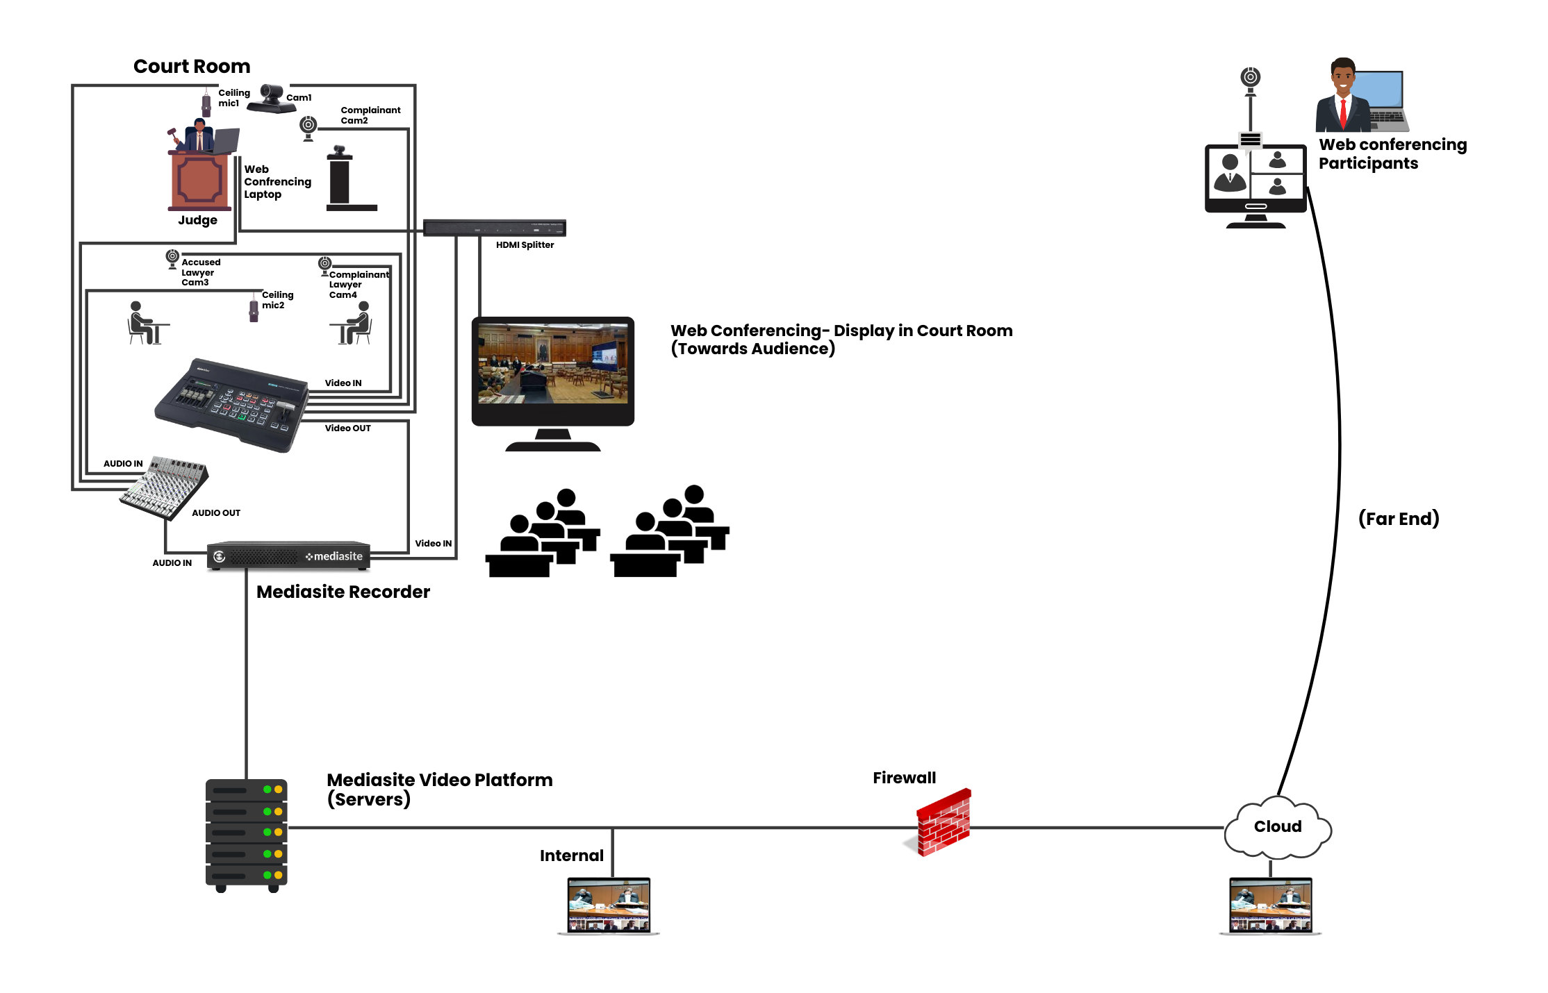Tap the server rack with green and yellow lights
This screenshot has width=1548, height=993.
247,833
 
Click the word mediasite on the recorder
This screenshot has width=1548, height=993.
338,556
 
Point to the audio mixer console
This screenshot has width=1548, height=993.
165,487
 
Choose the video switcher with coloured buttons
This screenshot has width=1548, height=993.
233,403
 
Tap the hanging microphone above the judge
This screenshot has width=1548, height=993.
206,102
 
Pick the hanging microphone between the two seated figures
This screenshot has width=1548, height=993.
254,307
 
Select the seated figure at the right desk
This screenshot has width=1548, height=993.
357,323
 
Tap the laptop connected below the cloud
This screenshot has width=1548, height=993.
1270,906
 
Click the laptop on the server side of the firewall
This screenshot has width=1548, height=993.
609,906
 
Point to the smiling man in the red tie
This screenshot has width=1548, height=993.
1343,97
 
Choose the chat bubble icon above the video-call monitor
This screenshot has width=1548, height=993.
1250,142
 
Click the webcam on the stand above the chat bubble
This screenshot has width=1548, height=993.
1251,78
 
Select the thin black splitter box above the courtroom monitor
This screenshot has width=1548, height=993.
495,228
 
